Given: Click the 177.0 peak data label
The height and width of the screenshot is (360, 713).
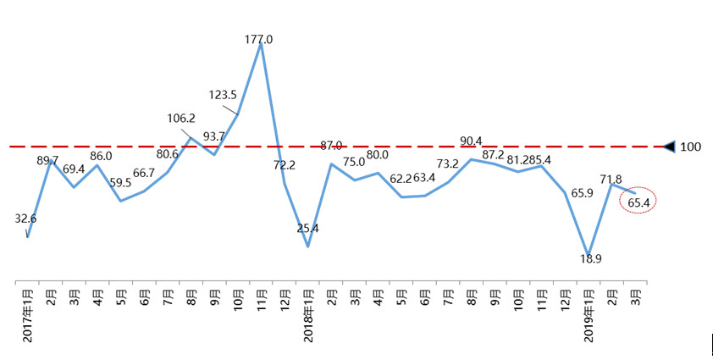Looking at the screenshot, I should click(x=258, y=38).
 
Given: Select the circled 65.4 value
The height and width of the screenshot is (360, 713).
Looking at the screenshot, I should click(x=638, y=202).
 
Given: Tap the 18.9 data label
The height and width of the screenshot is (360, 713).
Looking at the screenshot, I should click(x=591, y=259).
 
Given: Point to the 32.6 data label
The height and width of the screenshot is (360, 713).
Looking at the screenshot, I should click(x=26, y=219).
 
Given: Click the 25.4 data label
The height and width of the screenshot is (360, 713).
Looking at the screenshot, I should click(x=308, y=228).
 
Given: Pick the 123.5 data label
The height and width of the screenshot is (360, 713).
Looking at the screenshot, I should click(x=223, y=95).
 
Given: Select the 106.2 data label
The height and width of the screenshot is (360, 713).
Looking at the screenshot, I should click(x=180, y=119).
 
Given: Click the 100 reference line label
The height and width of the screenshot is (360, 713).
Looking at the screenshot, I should click(x=691, y=147).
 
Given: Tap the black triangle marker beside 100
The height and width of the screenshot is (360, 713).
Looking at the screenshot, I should click(x=668, y=147).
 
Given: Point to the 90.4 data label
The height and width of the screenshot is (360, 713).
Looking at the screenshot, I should click(x=472, y=141).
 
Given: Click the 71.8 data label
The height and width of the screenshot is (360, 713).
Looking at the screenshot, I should click(x=611, y=180).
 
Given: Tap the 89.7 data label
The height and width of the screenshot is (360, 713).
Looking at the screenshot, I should click(x=48, y=160).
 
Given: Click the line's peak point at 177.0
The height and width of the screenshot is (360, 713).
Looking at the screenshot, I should click(x=261, y=43).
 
